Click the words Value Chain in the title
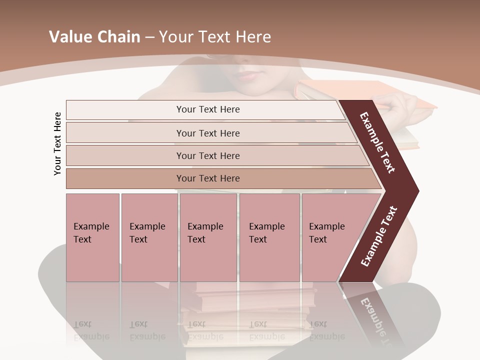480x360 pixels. coord(94,37)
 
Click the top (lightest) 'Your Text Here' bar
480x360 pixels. coord(207,109)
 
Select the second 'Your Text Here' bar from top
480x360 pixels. coord(207,133)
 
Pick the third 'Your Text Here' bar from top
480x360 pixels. coord(207,155)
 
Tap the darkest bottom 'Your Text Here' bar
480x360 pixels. coord(207,178)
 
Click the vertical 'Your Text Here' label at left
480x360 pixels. coord(57,143)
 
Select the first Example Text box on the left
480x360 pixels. coord(92,237)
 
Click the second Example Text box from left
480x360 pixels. coord(149,237)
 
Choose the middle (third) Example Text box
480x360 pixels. coord(208,237)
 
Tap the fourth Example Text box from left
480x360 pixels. coord(269,237)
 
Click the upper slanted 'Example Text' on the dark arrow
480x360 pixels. coord(377,142)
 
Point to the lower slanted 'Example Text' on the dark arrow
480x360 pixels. coord(378,236)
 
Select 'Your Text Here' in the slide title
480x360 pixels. coord(214,37)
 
